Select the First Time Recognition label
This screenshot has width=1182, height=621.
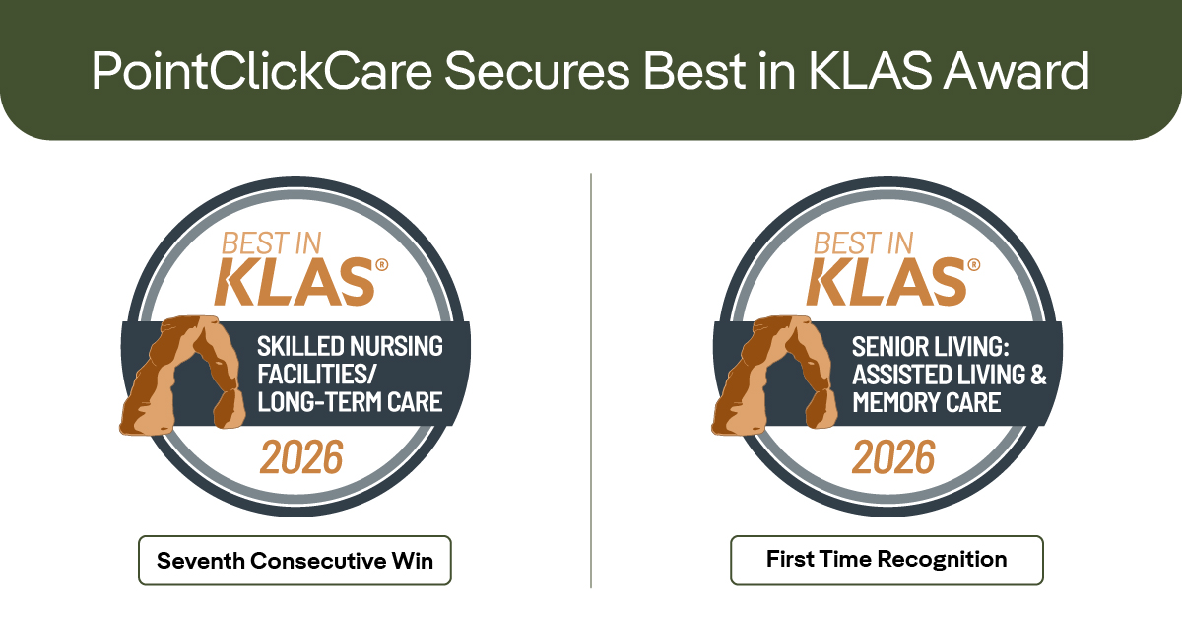tap(886, 560)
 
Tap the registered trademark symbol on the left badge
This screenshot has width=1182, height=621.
tap(383, 264)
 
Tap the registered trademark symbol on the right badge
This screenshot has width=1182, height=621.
tap(974, 264)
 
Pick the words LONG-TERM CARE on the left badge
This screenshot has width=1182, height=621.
tap(350, 402)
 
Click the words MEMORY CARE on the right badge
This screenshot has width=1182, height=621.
tap(926, 402)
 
